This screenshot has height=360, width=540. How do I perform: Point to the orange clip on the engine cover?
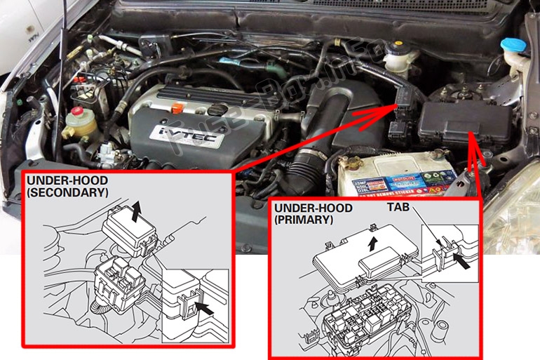coord(178,109)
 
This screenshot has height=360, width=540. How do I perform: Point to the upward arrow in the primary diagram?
coord(374,241)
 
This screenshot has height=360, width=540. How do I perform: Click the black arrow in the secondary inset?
coord(205,307)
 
